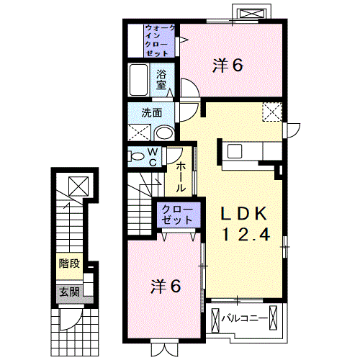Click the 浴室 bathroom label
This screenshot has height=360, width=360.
click(161, 79)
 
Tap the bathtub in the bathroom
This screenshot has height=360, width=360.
click(138, 80)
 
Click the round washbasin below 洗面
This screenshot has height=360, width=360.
click(164, 133)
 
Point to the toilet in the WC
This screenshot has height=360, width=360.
click(136, 156)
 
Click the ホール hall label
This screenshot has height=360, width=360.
click(181, 177)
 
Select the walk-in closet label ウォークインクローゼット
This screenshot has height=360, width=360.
click(159, 40)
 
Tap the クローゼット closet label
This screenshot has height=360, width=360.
click(178, 215)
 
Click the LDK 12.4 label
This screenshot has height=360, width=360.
click(245, 223)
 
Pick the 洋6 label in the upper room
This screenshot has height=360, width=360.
click(228, 66)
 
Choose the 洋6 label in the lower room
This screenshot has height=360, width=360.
click(166, 287)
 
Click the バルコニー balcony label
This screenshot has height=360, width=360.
click(244, 319)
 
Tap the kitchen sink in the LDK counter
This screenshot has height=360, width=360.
click(235, 151)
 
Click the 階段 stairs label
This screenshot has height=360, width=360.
click(69, 264)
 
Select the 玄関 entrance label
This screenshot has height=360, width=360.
click(69, 292)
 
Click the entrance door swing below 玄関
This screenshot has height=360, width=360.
click(70, 319)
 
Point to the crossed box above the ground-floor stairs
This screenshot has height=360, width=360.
click(78, 186)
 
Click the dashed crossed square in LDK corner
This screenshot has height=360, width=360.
click(272, 112)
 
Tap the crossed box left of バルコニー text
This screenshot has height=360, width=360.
click(215, 319)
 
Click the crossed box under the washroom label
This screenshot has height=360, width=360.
click(139, 132)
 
